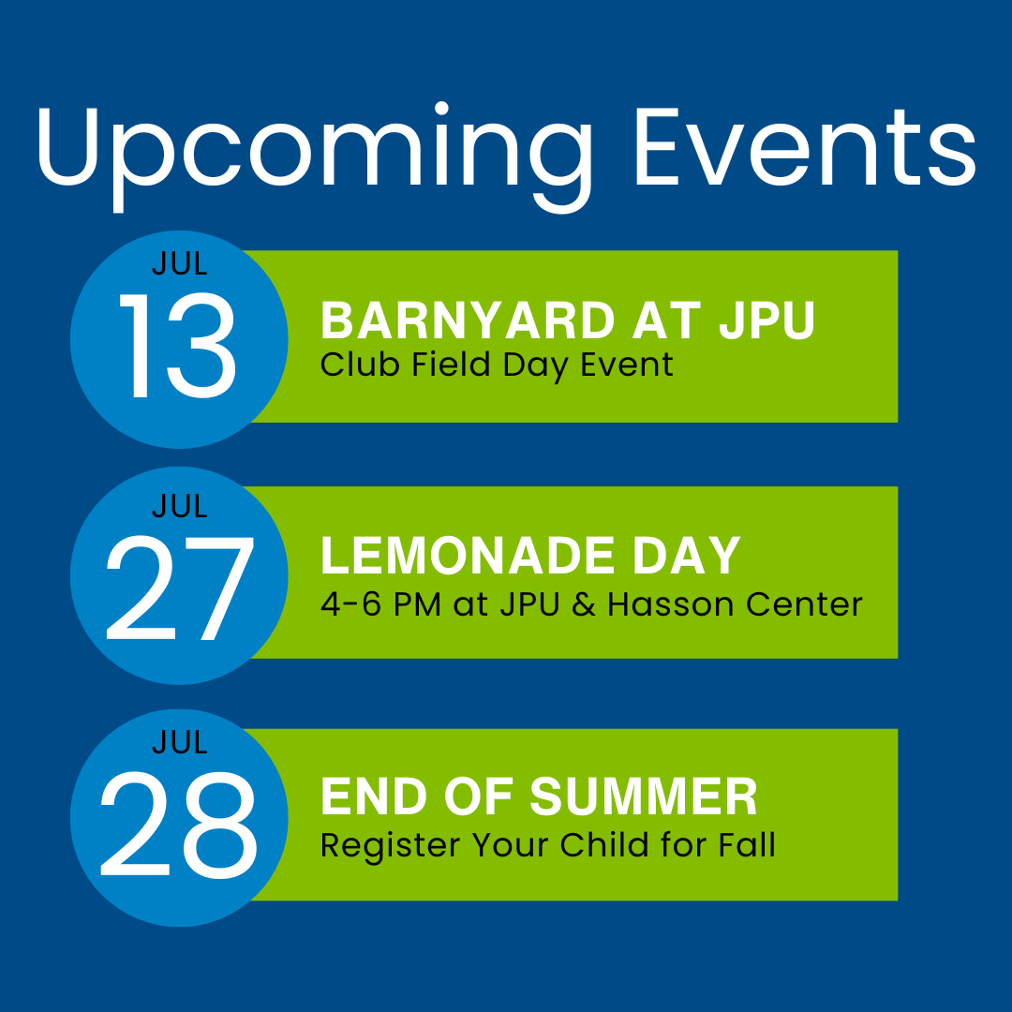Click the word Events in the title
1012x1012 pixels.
click(x=806, y=148)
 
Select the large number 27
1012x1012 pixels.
click(x=179, y=588)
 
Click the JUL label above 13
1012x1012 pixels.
click(x=179, y=263)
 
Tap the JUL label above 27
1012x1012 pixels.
click(x=179, y=506)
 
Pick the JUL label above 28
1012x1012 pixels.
click(x=179, y=742)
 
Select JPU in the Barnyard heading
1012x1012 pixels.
click(x=767, y=320)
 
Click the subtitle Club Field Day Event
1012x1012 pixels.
click(x=497, y=365)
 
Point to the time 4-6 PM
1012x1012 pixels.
click(x=380, y=604)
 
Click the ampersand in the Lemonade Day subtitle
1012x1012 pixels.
click(x=584, y=604)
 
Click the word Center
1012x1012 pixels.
click(x=804, y=604)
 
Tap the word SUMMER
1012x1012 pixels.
click(x=644, y=796)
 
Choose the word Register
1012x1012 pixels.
click(x=391, y=846)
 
